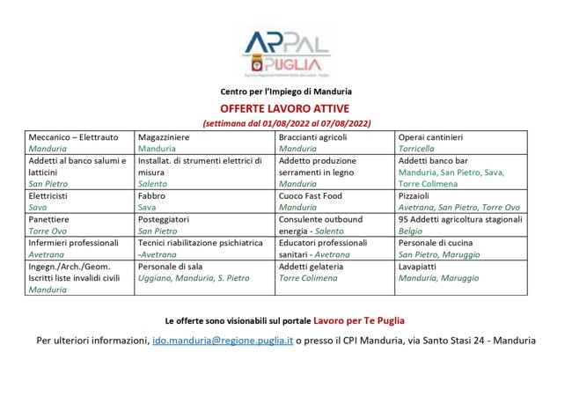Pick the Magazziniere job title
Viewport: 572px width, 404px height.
(164, 137)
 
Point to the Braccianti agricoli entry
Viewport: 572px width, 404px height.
(313, 137)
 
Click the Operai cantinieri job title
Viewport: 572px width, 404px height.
(430, 137)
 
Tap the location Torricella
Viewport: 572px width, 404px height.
(416, 149)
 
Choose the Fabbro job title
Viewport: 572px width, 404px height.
(151, 195)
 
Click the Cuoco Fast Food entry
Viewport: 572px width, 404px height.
(310, 195)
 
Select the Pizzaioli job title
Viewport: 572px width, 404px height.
(416, 195)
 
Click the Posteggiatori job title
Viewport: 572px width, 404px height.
(165, 218)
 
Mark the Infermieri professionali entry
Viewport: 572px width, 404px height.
(74, 242)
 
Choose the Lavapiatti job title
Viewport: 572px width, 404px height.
(419, 266)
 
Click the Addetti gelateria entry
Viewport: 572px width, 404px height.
(312, 266)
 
